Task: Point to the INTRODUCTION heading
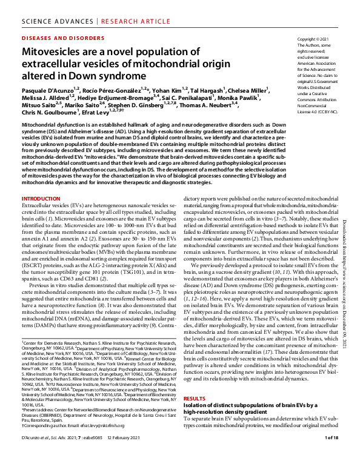(x=41, y=198)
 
